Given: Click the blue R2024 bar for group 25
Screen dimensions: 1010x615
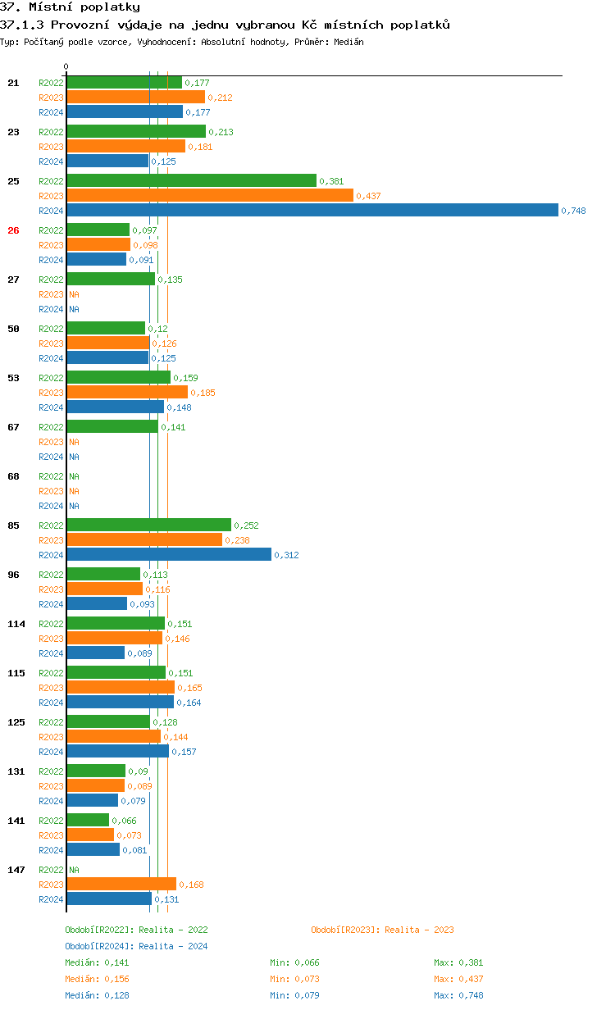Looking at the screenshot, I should tap(312, 211).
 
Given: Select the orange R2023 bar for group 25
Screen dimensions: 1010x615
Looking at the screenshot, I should tap(210, 195).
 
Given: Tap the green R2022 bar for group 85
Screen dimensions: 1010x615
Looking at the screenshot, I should tap(148, 525).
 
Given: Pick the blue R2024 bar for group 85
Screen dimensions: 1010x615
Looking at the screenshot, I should tap(168, 555).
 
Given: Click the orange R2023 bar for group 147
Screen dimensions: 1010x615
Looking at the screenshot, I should tap(121, 884).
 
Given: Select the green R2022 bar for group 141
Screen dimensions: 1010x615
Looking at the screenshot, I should tap(88, 820).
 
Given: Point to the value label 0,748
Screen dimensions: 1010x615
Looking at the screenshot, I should tap(573, 211).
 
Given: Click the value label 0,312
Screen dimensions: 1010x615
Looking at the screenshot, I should tap(286, 555).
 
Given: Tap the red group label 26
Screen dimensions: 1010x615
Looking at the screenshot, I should tap(13, 230).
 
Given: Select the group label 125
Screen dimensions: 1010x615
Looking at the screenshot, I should tap(16, 722).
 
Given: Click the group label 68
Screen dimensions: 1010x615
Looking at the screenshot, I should tap(13, 476).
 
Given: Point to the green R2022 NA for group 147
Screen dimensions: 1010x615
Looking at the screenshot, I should tap(74, 870).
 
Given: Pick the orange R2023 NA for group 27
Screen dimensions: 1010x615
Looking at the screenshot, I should tap(74, 294).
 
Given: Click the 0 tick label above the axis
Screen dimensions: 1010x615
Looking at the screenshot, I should tap(66, 66).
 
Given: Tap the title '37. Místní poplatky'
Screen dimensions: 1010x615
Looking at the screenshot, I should tap(70, 7).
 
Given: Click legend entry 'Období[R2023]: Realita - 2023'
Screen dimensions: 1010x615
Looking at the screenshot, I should tap(382, 930).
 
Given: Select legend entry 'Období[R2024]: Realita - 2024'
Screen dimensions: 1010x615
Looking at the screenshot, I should tap(136, 946).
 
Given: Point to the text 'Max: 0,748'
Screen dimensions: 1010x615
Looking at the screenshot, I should tap(458, 995).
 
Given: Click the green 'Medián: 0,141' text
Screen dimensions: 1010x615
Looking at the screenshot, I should tap(97, 962).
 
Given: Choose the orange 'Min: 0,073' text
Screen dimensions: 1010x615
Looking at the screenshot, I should tap(294, 979).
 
